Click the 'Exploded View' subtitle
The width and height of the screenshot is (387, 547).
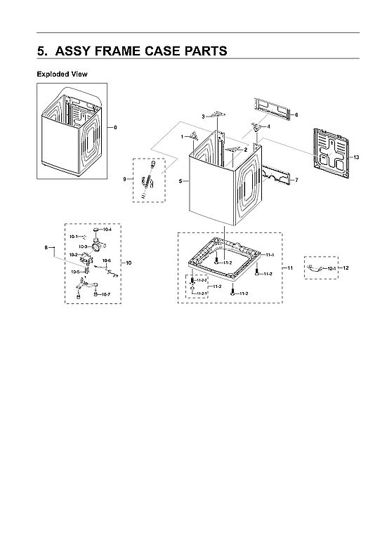pos(62,74)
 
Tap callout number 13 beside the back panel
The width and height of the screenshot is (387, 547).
pos(356,157)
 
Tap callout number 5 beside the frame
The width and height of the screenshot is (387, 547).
pos(181,181)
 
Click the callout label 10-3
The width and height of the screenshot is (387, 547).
pos(82,246)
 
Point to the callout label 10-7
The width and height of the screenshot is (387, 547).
pos(105,294)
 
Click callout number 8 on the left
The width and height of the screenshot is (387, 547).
pos(46,247)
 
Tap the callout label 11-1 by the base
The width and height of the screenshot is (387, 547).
pos(270,254)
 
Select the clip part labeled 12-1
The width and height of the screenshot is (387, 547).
pos(316,268)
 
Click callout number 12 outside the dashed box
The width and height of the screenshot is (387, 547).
pos(346,269)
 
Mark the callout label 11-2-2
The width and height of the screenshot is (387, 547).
pos(202,279)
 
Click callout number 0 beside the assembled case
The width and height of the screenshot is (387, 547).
pos(115,127)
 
